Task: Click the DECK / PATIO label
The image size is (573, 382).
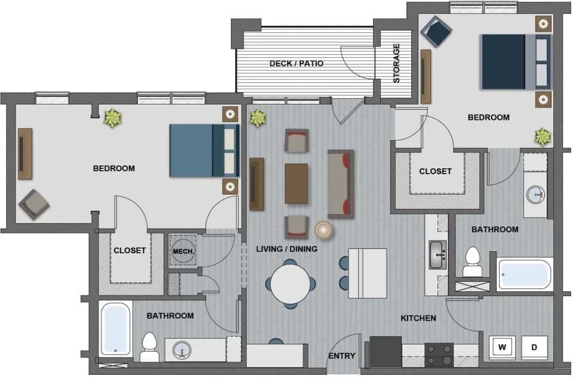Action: [x=296, y=63]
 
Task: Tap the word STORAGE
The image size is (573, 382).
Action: [x=396, y=63]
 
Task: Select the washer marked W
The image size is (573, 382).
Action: [x=502, y=347]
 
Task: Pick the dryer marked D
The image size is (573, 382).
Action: [x=534, y=347]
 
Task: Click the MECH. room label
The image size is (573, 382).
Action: [x=183, y=251]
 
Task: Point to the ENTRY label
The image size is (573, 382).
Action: [x=342, y=356]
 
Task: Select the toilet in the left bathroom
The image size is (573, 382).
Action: [x=149, y=348]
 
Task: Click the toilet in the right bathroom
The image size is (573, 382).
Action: [x=472, y=263]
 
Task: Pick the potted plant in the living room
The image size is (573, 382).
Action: [x=257, y=118]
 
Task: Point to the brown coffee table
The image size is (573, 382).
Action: [x=297, y=183]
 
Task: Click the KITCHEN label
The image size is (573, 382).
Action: [x=418, y=318]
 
